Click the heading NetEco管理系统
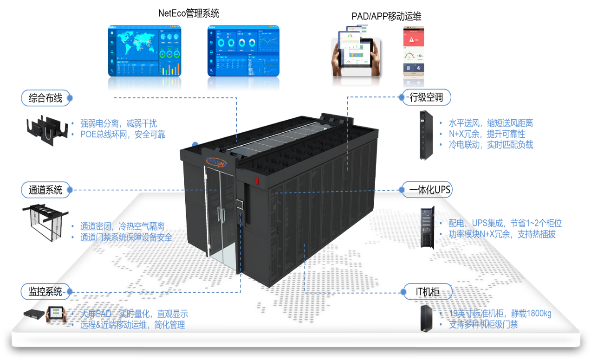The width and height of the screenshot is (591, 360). [188, 13]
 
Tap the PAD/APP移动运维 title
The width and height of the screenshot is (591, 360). [386, 17]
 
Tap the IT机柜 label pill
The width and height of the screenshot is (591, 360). [428, 292]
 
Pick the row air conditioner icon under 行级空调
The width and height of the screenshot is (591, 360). [423, 135]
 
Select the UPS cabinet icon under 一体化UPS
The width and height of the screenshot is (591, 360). [427, 227]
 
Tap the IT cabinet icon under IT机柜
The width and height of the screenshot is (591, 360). [426, 318]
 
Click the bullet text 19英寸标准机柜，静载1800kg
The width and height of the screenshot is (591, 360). [500, 314]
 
